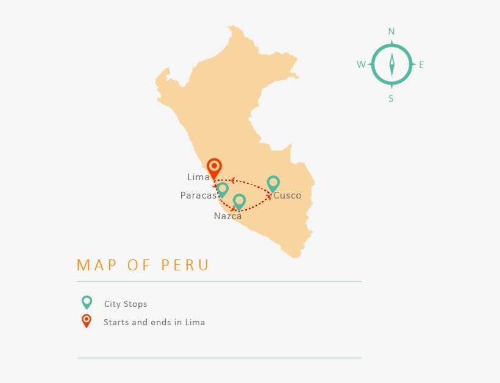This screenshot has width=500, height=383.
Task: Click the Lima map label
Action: click(198, 177)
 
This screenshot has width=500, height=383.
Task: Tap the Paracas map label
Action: click(199, 195)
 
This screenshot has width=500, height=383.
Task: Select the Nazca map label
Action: click(227, 216)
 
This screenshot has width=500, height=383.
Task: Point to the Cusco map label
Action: click(287, 195)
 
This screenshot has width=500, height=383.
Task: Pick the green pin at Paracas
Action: click(223, 189)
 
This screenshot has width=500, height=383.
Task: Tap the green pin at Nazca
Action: click(239, 200)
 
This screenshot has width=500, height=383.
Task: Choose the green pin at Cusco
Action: click(273, 182)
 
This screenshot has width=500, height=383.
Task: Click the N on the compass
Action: click(391, 32)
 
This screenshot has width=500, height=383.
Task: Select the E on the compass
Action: click(421, 65)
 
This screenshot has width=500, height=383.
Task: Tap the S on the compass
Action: click(391, 99)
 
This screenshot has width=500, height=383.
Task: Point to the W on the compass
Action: click(361, 65)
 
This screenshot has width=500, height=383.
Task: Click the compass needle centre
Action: click(391, 65)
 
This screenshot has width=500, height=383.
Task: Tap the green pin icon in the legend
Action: click(87, 302)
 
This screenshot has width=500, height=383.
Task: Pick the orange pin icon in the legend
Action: click(87, 320)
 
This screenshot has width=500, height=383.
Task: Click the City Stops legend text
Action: click(126, 304)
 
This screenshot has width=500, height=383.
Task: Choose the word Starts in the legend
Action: click(116, 322)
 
